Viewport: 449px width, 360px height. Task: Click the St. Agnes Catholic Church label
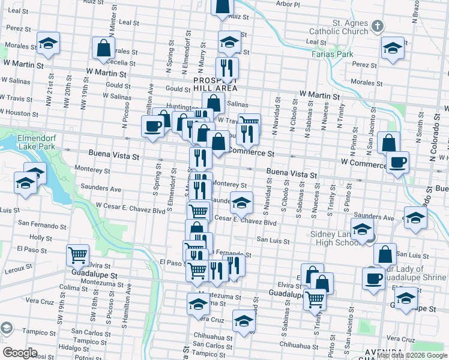[339, 27]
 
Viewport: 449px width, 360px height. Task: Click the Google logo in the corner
[20, 352]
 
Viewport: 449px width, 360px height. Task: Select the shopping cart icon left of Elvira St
[78, 256]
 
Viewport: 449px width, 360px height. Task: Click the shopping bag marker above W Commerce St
[389, 143]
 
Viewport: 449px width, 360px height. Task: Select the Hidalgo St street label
[70, 347]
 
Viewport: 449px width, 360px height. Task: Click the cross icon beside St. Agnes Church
[377, 26]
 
